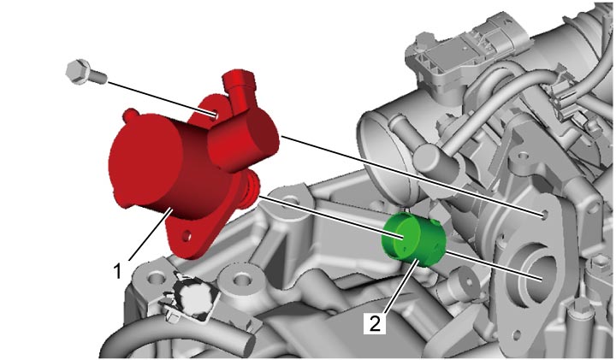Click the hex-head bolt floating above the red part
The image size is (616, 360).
click(x=86, y=72)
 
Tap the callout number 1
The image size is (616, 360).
click(x=117, y=271)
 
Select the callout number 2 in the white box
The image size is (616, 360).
click(x=375, y=323)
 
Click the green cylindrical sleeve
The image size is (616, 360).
click(x=414, y=239)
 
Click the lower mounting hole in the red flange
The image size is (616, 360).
click(x=187, y=236)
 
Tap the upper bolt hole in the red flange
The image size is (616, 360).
click(x=215, y=115)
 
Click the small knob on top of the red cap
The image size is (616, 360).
click(x=130, y=115)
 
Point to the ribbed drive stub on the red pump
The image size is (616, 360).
click(x=252, y=187)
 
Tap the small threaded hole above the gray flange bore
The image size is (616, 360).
click(x=544, y=215)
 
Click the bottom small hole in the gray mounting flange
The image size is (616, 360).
click(x=517, y=335)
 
